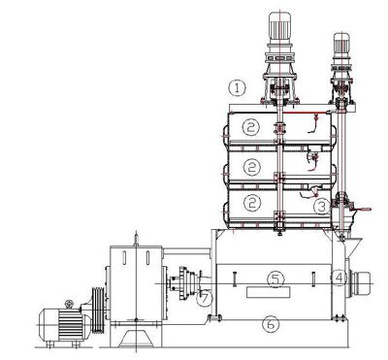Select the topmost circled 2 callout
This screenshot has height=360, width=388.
tap(252, 127)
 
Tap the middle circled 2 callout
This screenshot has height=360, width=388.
tap(252, 166)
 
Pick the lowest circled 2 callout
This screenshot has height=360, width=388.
tap(252, 204)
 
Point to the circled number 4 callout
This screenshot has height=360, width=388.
tap(339, 278)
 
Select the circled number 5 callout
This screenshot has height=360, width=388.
tap(275, 278)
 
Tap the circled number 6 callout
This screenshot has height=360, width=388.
tap(272, 324)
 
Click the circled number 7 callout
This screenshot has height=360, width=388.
tap(204, 298)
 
